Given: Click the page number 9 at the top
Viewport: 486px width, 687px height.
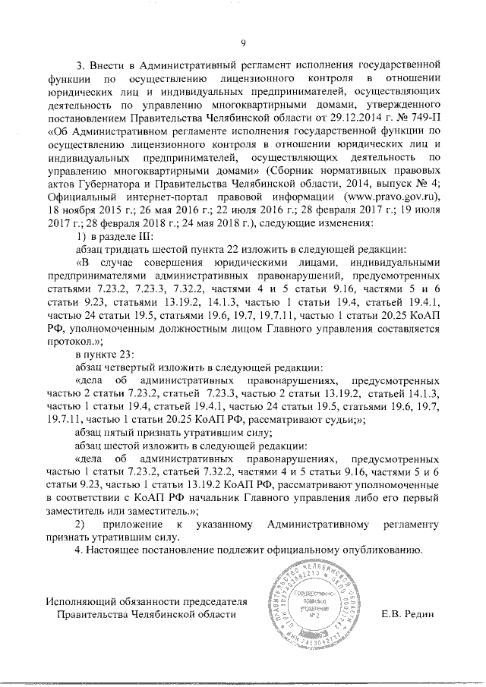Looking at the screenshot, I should [x=242, y=43].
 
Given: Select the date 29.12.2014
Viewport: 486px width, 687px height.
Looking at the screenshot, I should [x=346, y=118].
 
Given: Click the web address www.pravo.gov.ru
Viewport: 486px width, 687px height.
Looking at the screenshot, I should [x=383, y=199].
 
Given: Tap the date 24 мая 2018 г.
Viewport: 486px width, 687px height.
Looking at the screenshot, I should [x=218, y=225].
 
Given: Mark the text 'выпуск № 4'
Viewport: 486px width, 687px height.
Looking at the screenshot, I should [x=410, y=186].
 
